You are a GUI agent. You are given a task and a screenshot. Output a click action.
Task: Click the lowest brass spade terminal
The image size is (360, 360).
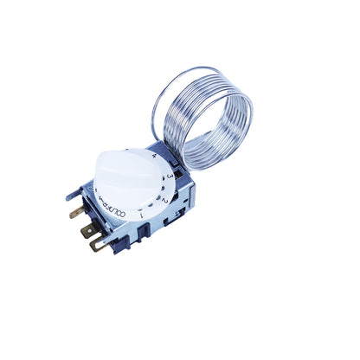coord(97,244)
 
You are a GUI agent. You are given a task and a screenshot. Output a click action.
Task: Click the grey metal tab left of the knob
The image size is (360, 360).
coord(74,192)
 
